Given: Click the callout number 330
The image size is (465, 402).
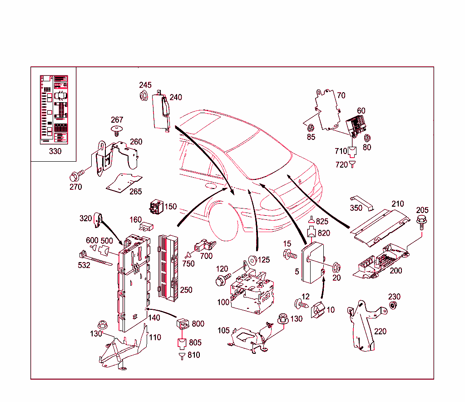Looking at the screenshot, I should click(x=55, y=151).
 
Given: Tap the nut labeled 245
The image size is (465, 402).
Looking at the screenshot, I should click(x=144, y=96).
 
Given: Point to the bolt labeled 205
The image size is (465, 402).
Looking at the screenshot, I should click(x=421, y=222).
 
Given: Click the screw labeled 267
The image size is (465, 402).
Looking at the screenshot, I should click(x=117, y=131).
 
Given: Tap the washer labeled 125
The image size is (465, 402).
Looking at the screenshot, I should click(x=250, y=261).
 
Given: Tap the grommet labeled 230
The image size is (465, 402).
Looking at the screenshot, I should click(x=393, y=306).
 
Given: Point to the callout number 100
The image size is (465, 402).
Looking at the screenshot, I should click(x=223, y=302).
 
